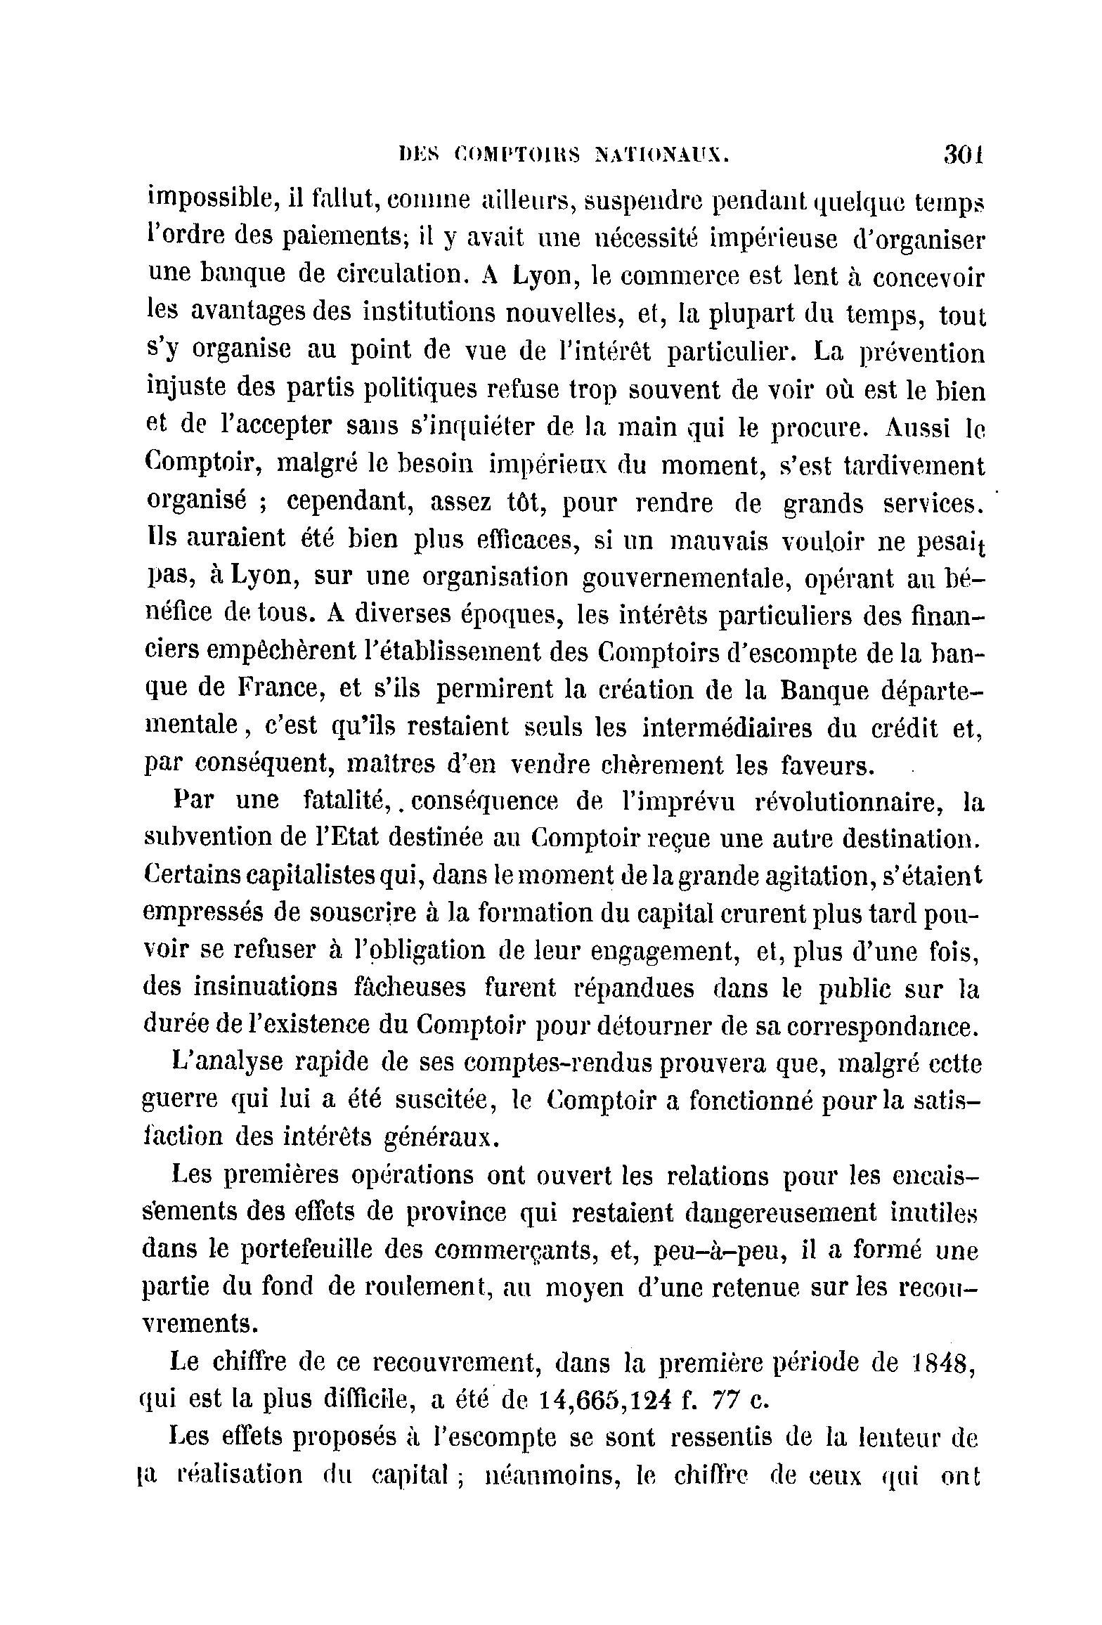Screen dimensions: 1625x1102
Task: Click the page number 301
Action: [963, 153]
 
